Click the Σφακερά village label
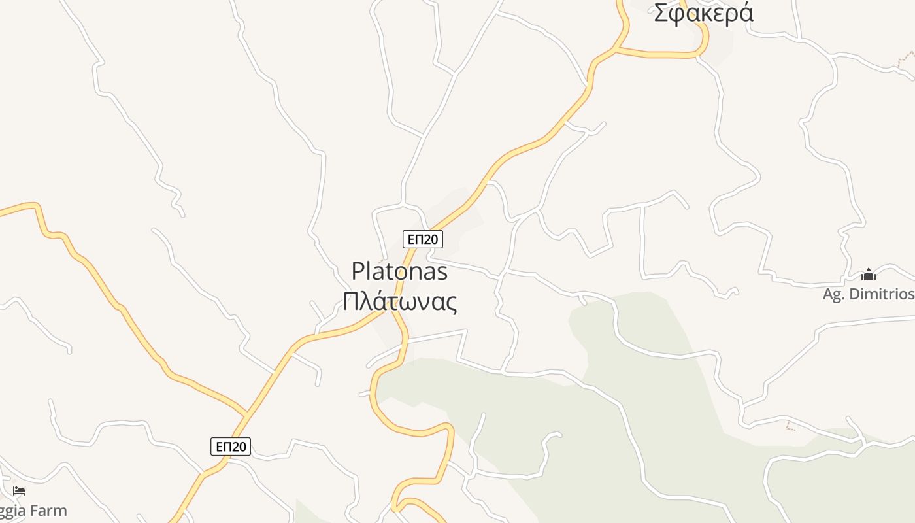point(703,13)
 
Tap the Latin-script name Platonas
point(399,271)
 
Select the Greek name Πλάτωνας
point(399,301)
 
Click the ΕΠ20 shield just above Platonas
point(422,239)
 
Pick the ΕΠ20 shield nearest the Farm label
point(231,447)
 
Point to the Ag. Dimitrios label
point(868,294)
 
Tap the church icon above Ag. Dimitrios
point(868,275)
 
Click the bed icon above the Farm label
point(19,490)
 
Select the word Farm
point(47,510)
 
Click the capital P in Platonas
point(358,271)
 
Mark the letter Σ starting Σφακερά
point(661,13)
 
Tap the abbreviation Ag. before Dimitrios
point(834,295)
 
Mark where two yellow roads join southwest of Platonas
point(247,414)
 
